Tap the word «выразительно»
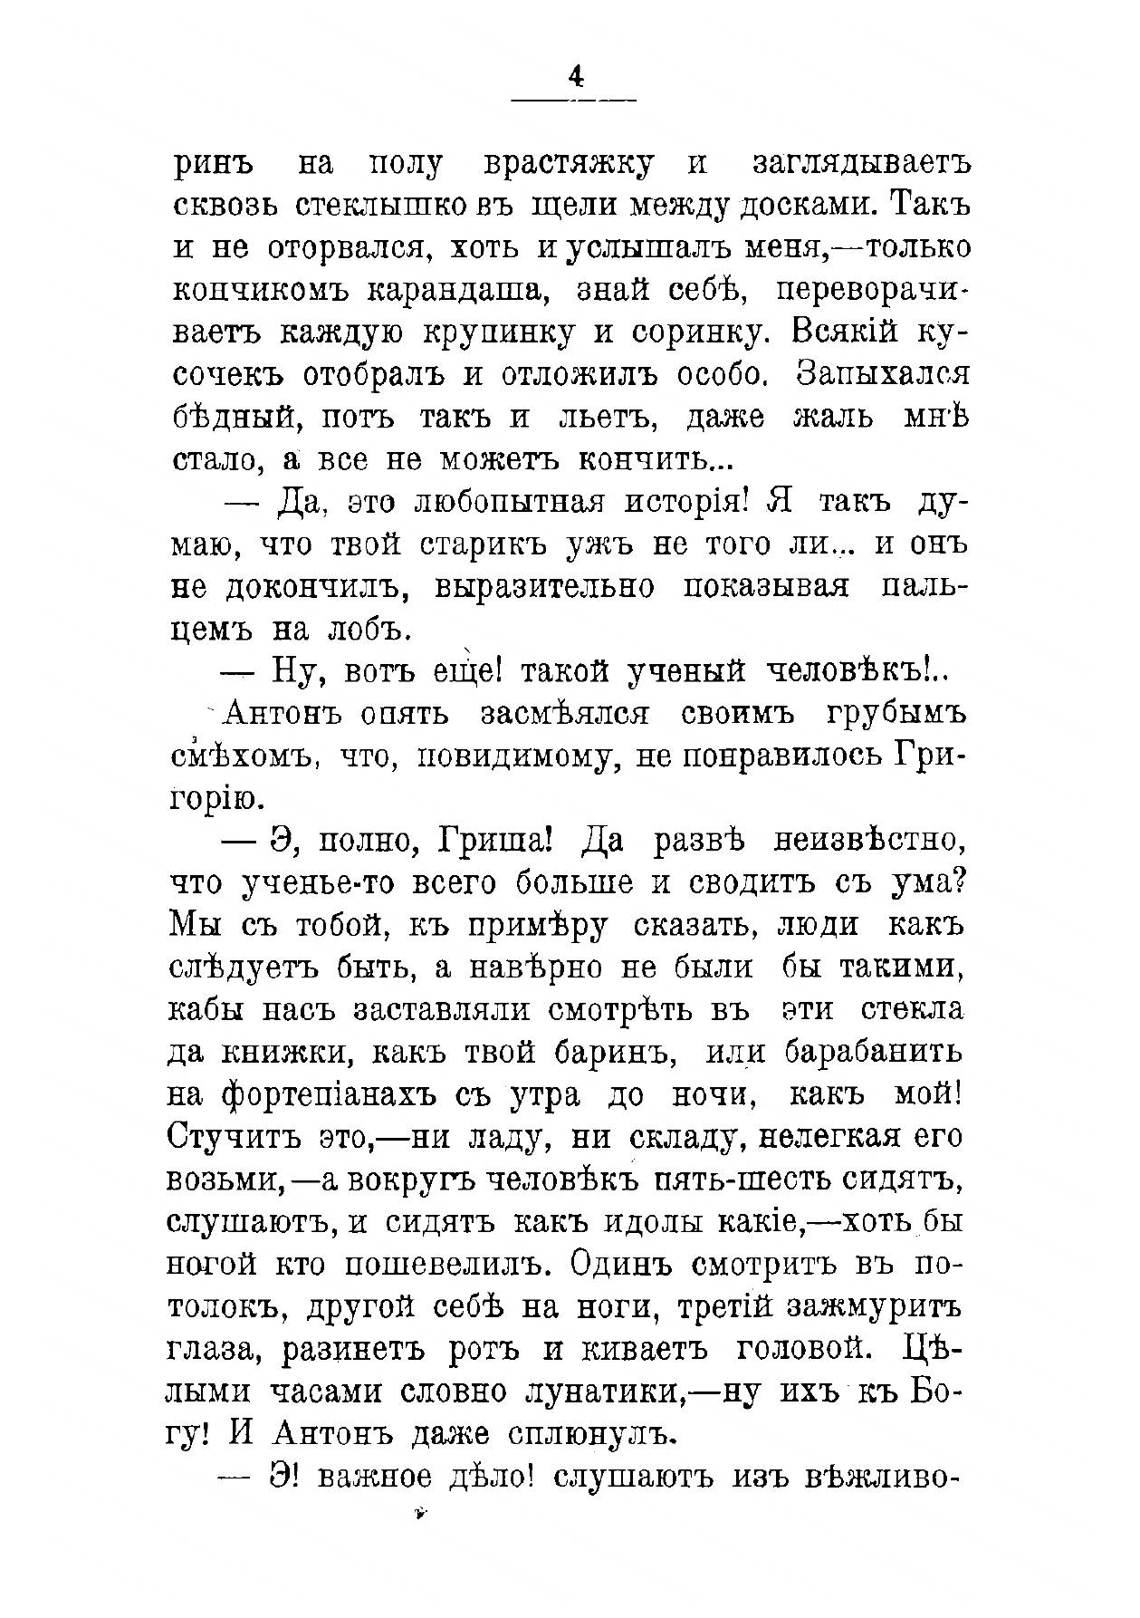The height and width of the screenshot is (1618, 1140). click(x=544, y=587)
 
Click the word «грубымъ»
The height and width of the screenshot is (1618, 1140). click(x=895, y=714)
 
